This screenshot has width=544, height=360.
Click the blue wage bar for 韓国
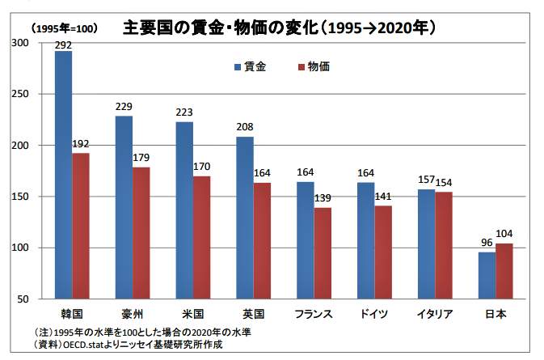pos(63,175)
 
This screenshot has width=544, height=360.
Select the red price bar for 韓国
pos(81,226)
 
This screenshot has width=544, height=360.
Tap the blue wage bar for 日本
pos(487,275)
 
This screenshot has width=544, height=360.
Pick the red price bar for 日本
pos(504,271)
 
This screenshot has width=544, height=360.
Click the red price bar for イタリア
pos(444,245)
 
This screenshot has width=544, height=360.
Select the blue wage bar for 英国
pos(245,218)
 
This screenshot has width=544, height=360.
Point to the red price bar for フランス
pos(323,253)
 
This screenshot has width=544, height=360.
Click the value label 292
pos(63,45)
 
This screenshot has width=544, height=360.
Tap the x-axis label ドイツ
pos(374,314)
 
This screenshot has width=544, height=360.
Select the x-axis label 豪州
pos(133,314)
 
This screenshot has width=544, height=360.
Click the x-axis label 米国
pos(193,314)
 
